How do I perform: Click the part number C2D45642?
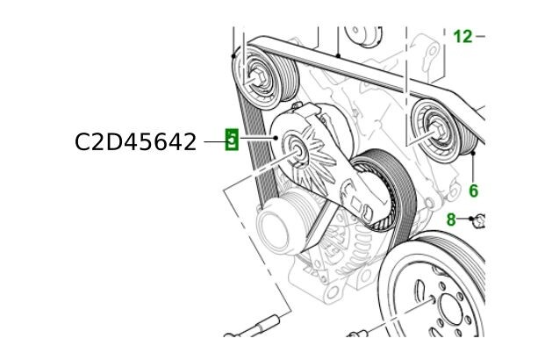135,141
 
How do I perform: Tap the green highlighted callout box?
232,140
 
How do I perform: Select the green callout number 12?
463,37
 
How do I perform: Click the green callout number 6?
473,190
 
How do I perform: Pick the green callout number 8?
451,220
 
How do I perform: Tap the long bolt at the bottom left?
255,328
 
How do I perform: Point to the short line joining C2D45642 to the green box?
214,140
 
